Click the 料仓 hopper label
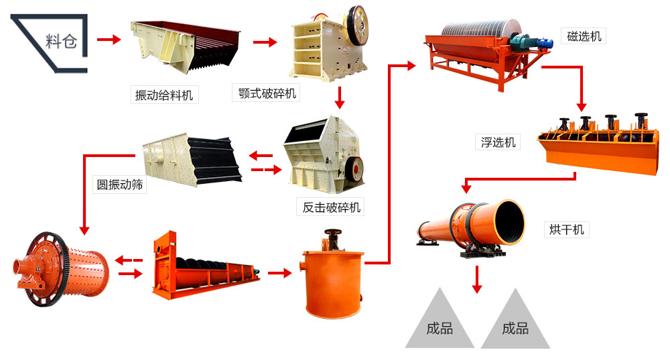click(x=61, y=41)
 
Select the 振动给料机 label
click(x=164, y=95)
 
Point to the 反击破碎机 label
click(x=331, y=207)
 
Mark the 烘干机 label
click(x=563, y=229)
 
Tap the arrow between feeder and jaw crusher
click(x=265, y=42)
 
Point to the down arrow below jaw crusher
click(x=340, y=98)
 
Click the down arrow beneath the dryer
click(x=476, y=279)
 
